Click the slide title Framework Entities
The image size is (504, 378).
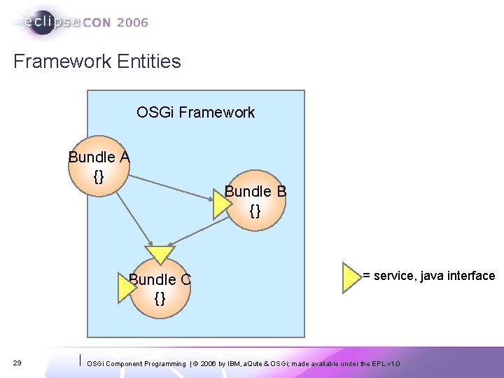97,62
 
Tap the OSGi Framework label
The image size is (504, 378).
195,112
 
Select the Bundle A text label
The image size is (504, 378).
99,157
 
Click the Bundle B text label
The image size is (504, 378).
255,191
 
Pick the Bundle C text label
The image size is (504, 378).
160,280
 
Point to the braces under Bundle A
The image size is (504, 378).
99,175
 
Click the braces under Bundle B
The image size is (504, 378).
255,209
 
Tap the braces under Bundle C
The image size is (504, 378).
160,298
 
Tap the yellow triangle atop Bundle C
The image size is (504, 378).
160,253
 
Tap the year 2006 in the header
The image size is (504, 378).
133,22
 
